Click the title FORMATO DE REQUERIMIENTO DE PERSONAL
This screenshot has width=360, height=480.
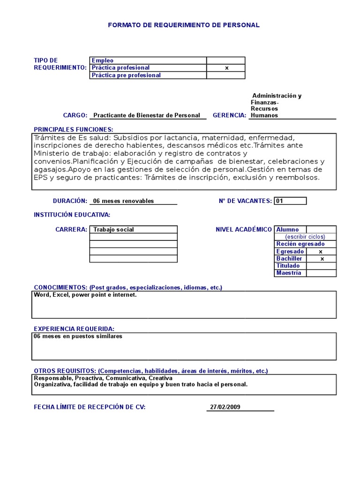[183, 25]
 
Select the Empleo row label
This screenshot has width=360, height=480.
[103, 60]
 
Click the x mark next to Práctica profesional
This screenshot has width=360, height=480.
[226, 68]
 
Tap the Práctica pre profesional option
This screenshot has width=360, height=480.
[126, 75]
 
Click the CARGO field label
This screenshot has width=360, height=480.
[75, 115]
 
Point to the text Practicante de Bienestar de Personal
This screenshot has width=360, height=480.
[147, 115]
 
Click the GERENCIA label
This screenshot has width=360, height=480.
[229, 115]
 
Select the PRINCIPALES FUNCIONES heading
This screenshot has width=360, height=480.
[74, 129]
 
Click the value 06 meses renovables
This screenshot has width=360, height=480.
[123, 201]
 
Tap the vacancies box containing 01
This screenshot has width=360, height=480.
[290, 201]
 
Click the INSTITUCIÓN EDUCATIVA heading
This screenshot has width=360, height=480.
[72, 215]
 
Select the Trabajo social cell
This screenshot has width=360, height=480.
[133, 230]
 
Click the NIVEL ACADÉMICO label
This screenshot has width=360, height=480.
[243, 229]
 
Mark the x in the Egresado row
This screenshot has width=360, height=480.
[321, 251]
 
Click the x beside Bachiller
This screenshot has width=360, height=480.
[322, 259]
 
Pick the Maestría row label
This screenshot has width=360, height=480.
[289, 273]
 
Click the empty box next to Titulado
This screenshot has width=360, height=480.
[321, 266]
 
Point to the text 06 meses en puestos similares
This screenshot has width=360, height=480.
[78, 337]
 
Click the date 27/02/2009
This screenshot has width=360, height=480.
[225, 407]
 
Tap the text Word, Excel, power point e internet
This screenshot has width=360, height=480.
[85, 295]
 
